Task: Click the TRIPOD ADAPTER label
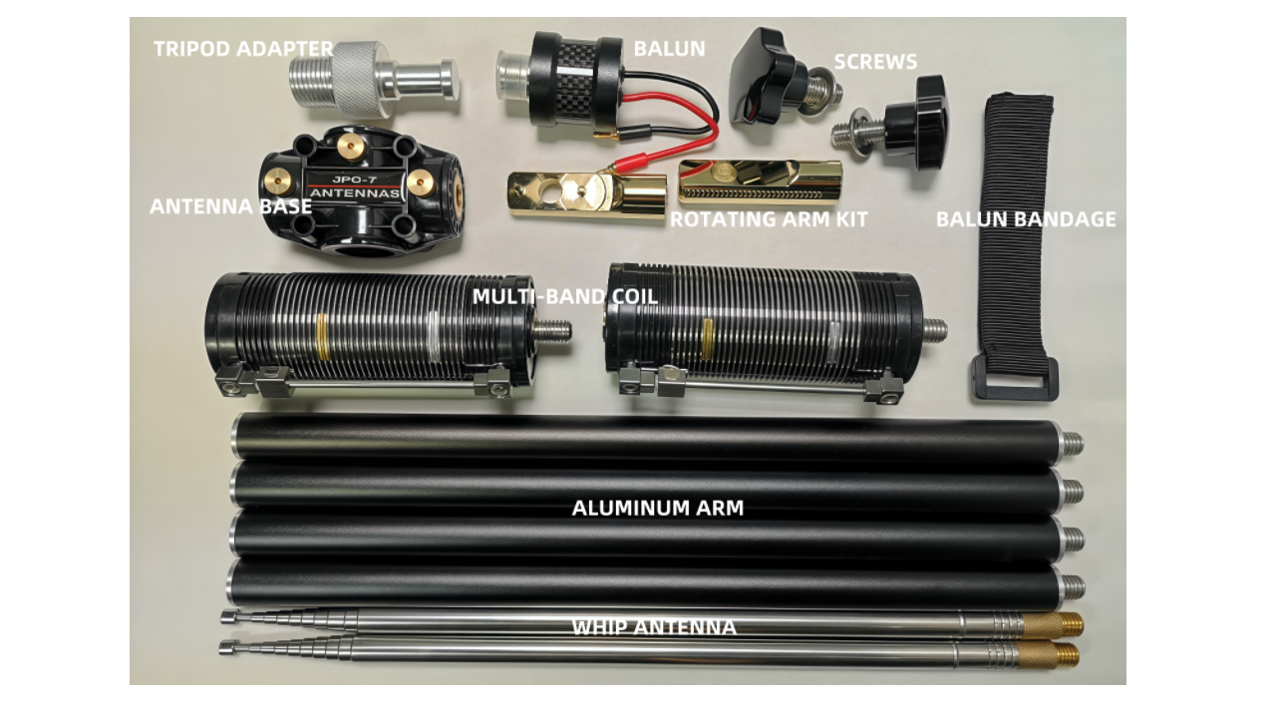(243, 49)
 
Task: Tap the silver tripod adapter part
(373, 79)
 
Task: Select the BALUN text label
(669, 49)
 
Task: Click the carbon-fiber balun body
(577, 80)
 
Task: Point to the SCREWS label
(875, 62)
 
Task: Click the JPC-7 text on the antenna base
(355, 180)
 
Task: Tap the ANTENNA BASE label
(231, 206)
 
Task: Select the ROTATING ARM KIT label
(769, 218)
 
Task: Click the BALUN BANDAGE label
(1026, 218)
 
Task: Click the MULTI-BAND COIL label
(565, 296)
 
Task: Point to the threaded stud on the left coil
(551, 330)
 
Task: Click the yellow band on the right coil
(708, 339)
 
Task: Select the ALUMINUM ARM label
(658, 508)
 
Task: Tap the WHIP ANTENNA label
(654, 627)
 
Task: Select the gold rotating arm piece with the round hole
(587, 195)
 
